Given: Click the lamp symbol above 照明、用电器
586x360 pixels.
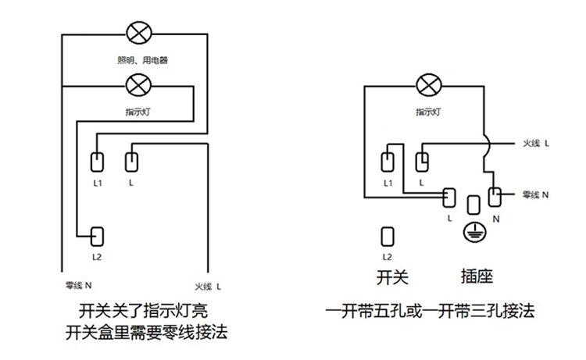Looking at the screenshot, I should [139, 33].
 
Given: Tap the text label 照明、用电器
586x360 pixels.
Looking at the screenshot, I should [139, 59].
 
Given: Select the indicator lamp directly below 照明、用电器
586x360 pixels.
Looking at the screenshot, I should [139, 84].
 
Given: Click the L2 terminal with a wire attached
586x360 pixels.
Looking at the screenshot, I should [98, 236].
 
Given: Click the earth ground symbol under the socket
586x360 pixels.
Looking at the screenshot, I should [472, 230].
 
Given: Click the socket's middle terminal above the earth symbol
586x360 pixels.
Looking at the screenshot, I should [472, 205].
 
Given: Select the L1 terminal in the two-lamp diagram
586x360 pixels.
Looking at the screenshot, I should [98, 162].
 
